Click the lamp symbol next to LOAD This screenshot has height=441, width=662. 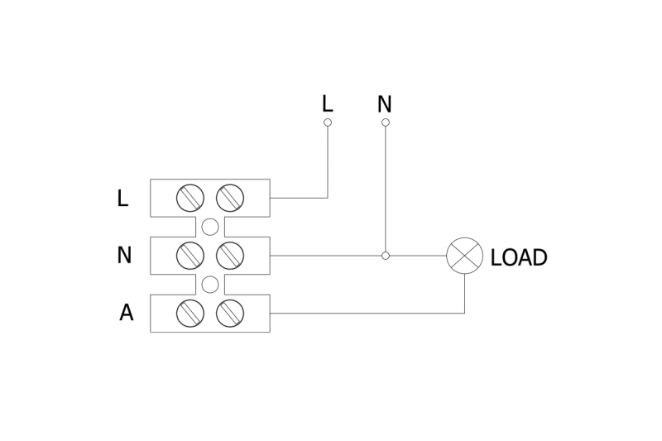click(x=464, y=256)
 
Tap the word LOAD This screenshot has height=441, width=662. click(x=519, y=257)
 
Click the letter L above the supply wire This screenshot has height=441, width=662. click(x=328, y=103)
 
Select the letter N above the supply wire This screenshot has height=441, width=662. click(x=384, y=104)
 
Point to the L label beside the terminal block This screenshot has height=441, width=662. click(x=122, y=199)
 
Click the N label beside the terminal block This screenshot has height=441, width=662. click(x=124, y=256)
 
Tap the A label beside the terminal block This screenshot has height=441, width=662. click(x=126, y=313)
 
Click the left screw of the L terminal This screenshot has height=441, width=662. click(x=191, y=198)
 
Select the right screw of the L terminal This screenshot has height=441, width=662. click(x=229, y=198)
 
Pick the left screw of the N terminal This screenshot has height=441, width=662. click(x=191, y=256)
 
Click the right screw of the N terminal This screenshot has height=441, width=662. click(x=229, y=256)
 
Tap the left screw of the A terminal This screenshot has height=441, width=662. click(x=191, y=313)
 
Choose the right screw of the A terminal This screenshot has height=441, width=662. click(x=229, y=313)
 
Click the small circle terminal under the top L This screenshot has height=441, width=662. click(x=328, y=122)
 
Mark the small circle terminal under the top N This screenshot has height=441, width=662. click(x=385, y=122)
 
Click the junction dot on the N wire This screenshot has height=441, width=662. click(x=385, y=256)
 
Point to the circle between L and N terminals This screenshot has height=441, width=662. click(x=210, y=227)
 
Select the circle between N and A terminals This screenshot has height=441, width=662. click(x=210, y=285)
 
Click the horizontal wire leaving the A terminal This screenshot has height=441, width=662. click(x=364, y=313)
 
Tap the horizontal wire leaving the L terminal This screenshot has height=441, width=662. click(x=298, y=198)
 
